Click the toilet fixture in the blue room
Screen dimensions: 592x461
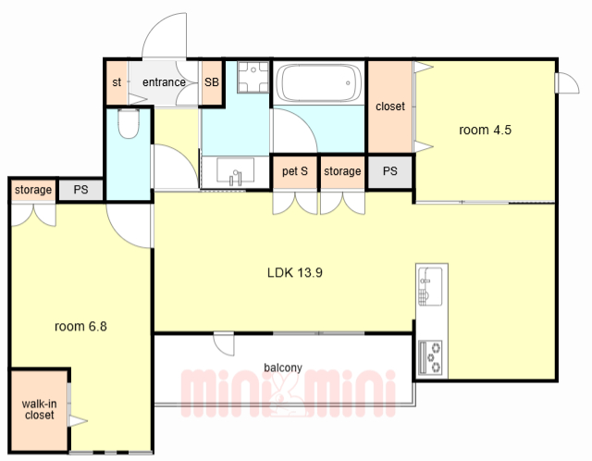(x=129, y=123)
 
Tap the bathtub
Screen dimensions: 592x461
(x=319, y=82)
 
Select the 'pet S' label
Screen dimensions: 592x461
(x=295, y=171)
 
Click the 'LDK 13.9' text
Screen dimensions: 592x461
(x=294, y=272)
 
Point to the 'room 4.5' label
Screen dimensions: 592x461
(x=485, y=130)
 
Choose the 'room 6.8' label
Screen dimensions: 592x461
(x=80, y=326)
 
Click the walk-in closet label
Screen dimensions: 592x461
(x=39, y=409)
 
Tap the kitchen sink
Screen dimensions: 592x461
(x=430, y=287)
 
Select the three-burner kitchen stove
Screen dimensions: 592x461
(x=430, y=358)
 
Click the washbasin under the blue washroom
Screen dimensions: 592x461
(x=235, y=171)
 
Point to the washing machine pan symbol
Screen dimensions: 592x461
(x=253, y=77)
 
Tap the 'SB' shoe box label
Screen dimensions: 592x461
(x=212, y=82)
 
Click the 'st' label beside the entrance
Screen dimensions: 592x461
(x=117, y=82)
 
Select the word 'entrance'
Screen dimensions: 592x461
(x=164, y=82)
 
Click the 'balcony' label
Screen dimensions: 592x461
(x=283, y=368)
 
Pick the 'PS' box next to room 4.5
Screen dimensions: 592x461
(x=390, y=171)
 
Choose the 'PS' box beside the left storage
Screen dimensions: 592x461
(x=80, y=190)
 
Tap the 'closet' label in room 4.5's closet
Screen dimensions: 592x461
(x=390, y=106)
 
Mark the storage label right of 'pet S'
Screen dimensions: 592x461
(x=342, y=171)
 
